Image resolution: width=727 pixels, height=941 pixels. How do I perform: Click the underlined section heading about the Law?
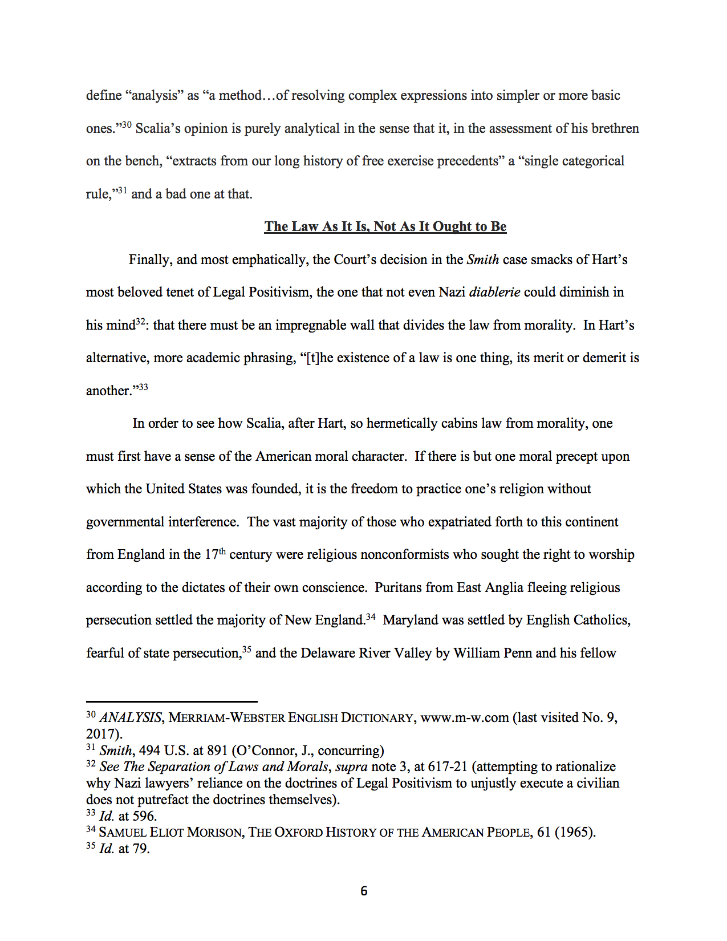tap(385, 226)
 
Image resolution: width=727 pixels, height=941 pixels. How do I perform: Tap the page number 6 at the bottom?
tap(364, 891)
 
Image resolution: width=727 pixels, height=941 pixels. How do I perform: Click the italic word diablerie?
tap(494, 292)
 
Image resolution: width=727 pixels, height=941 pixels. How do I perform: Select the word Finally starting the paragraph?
tap(149, 259)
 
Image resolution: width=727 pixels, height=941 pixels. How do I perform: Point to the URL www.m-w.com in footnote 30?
tap(464, 717)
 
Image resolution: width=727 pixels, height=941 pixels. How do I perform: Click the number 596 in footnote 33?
tap(144, 816)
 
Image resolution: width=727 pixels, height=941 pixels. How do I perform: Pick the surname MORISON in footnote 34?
tap(214, 833)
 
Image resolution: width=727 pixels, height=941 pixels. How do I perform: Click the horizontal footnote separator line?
tap(172, 701)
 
